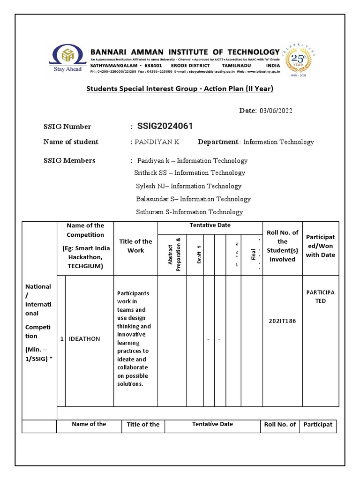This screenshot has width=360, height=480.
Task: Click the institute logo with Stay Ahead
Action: point(67,59)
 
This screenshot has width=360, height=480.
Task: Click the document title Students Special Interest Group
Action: point(180,89)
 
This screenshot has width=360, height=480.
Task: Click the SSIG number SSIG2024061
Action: point(165,126)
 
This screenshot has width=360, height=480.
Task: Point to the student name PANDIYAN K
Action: point(157,142)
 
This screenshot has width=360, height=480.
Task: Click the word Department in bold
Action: point(218,142)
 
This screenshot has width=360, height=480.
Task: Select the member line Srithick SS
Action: point(189,172)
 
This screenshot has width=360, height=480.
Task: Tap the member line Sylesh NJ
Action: point(188,186)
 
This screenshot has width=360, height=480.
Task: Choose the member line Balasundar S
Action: point(193,199)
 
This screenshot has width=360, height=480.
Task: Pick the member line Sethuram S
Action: point(189,212)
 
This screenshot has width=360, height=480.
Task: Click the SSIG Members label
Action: point(69,160)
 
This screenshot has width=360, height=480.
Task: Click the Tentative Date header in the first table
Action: point(210,225)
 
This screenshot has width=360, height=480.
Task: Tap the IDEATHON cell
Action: point(84,339)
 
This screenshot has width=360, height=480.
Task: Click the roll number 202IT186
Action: point(283,322)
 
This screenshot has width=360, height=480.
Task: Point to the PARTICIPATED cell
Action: point(321,297)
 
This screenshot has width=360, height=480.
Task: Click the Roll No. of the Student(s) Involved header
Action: point(282,246)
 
